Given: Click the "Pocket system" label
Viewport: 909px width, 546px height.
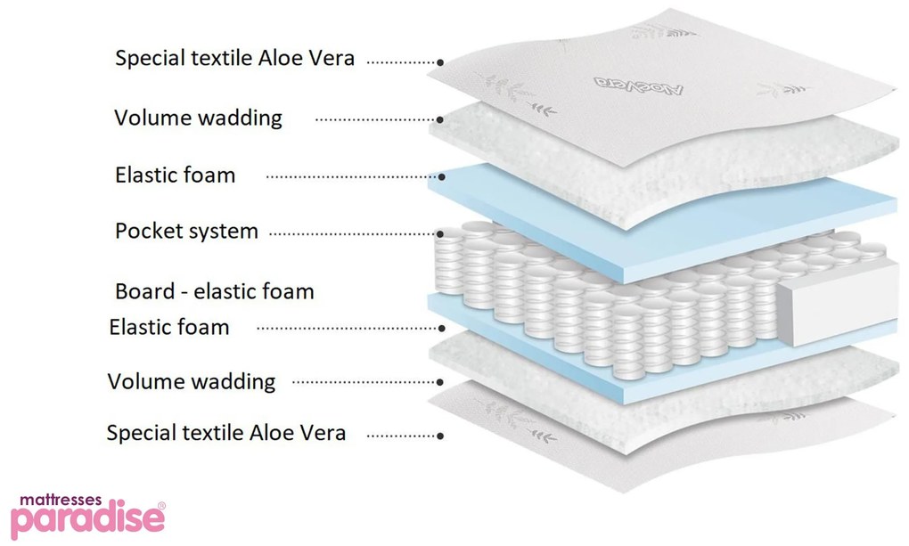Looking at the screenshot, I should tap(186, 232).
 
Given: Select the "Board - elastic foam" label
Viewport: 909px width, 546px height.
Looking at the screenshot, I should tap(214, 291).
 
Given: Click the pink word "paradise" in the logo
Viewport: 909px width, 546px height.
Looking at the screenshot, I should tap(86, 520).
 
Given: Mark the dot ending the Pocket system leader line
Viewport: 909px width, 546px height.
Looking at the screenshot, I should tap(440, 234).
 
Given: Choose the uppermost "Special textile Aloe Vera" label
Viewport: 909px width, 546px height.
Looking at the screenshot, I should tap(234, 59).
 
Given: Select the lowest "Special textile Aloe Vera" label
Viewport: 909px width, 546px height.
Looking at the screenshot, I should tap(225, 434).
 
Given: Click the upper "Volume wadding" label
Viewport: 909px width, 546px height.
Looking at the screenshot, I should tap(198, 118).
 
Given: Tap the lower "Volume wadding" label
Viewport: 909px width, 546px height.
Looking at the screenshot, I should tap(191, 382).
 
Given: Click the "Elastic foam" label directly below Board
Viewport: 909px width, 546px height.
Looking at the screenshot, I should tap(168, 327).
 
